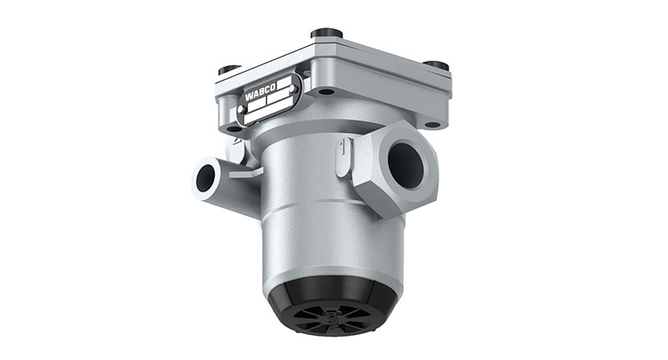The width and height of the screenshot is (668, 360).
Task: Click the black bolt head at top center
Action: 326,34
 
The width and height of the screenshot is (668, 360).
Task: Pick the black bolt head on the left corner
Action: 230,70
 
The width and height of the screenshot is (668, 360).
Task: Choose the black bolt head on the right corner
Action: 435,65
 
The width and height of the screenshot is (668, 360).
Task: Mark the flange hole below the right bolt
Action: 432,124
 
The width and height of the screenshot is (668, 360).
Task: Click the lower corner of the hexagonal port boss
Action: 382,212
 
